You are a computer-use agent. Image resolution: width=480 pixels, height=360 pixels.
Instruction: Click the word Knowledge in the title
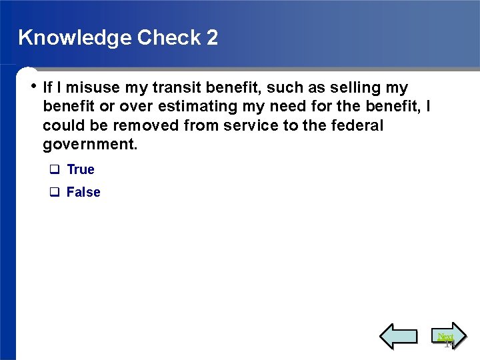(x=75, y=37)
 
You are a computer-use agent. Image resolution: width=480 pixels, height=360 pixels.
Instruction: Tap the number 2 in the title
(x=212, y=37)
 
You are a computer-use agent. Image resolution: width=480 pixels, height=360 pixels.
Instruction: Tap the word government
(x=90, y=145)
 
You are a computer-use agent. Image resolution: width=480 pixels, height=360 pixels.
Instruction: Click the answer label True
(x=81, y=170)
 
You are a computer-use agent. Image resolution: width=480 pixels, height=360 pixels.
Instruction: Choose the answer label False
(x=83, y=193)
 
